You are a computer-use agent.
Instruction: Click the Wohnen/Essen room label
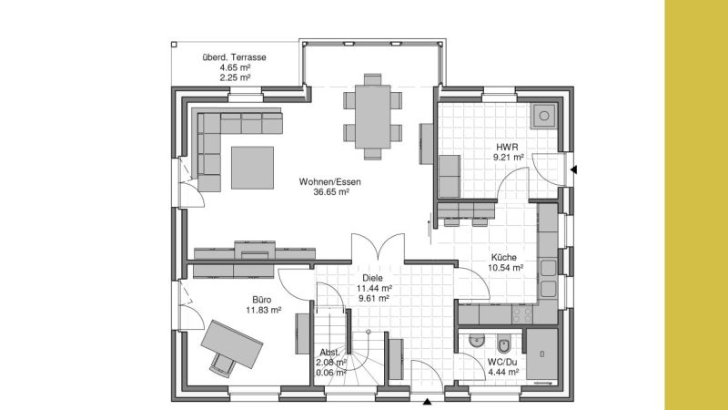click(x=329, y=181)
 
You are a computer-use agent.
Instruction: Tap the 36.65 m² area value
click(x=331, y=191)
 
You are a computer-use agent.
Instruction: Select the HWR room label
click(x=507, y=148)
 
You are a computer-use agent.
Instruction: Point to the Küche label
click(x=504, y=258)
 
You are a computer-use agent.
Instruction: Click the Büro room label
click(x=262, y=300)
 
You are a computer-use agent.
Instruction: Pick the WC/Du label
click(x=502, y=362)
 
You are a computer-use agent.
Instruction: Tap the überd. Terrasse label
click(x=235, y=57)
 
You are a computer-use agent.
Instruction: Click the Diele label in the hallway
click(x=373, y=278)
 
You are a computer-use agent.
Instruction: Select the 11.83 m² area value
click(x=263, y=310)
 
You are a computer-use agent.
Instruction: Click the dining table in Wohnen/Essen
click(x=373, y=117)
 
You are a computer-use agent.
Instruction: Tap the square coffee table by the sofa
click(x=253, y=168)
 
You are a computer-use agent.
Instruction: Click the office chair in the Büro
click(x=222, y=364)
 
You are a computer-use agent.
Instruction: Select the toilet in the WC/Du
click(x=503, y=344)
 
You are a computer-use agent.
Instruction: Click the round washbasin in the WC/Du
click(x=476, y=342)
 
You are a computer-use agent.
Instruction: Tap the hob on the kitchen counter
click(x=521, y=314)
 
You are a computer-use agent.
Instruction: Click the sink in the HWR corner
click(x=543, y=116)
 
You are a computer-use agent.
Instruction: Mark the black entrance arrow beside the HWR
click(x=573, y=169)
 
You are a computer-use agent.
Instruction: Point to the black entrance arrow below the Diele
click(x=427, y=402)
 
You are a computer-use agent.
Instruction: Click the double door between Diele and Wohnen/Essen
click(x=378, y=247)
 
